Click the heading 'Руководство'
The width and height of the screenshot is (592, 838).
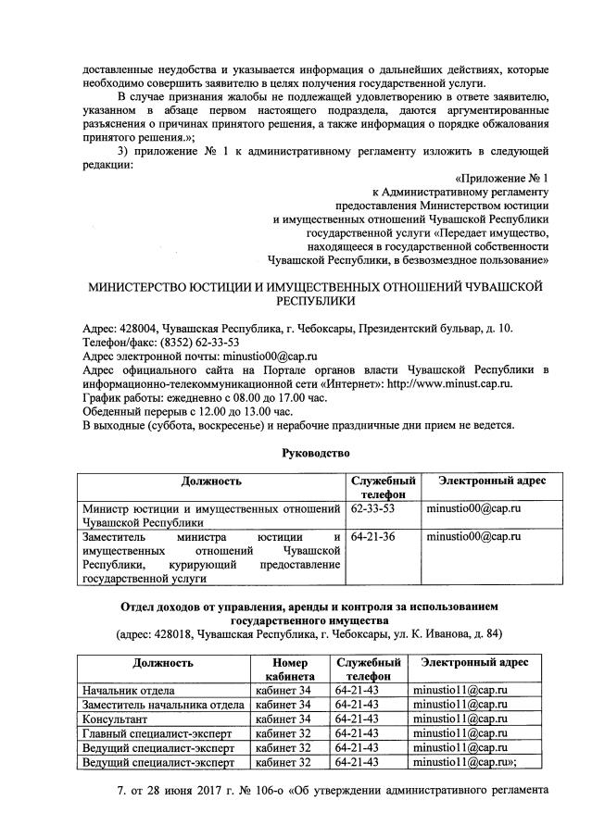click(x=318, y=453)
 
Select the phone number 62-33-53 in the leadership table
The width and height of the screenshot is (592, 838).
click(x=373, y=508)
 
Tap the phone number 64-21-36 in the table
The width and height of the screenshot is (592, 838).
click(x=373, y=536)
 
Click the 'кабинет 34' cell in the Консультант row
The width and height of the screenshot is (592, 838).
click(x=283, y=719)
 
